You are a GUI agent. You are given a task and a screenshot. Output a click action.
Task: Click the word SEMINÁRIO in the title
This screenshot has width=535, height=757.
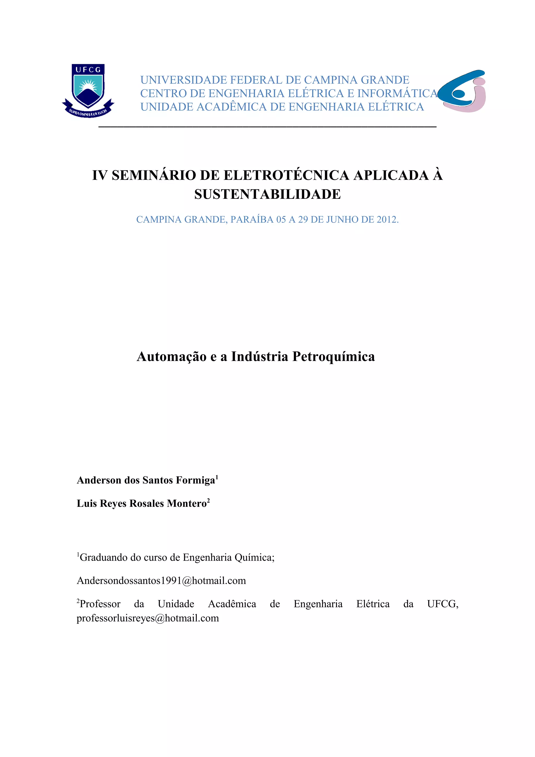pos(154,175)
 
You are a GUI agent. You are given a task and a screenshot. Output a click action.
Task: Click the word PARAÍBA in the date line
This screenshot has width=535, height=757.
pos(252,220)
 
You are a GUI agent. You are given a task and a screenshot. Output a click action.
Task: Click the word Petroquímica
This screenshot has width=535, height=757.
pos(334,356)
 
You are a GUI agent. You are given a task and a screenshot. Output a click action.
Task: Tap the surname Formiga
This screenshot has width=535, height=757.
pos(195,480)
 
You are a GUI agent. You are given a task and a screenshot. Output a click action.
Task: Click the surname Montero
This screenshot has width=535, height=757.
pos(187,503)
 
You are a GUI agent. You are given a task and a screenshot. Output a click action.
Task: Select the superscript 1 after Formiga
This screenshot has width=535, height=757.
pos(217,477)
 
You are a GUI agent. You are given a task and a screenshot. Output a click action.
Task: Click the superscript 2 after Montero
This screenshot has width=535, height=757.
pos(208,500)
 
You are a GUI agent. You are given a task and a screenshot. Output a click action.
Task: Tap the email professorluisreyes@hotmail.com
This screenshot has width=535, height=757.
pos(148,618)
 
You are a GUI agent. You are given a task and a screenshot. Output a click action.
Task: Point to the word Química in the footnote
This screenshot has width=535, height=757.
pos(254,557)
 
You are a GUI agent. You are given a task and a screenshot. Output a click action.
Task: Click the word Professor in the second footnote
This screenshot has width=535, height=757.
pos(100,604)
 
